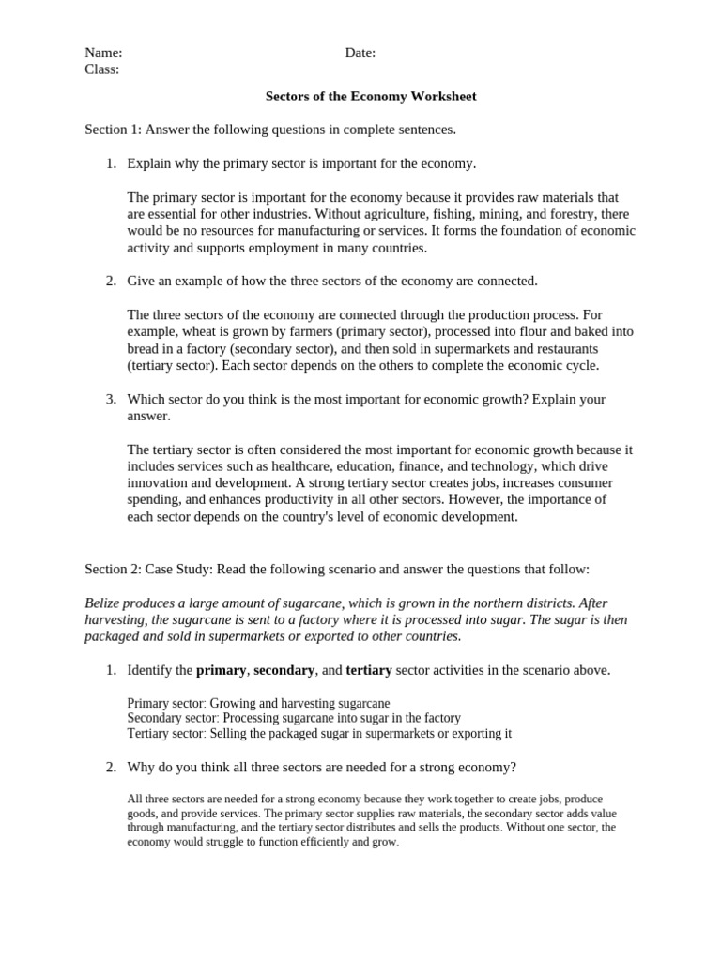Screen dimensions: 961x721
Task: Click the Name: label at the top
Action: pyautogui.click(x=103, y=53)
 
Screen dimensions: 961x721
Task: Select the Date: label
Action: pyautogui.click(x=360, y=53)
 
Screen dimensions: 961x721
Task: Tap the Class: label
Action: pyautogui.click(x=101, y=69)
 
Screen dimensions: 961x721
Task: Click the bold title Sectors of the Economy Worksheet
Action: pyautogui.click(x=371, y=97)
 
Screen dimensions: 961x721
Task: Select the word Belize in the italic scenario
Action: pyautogui.click(x=103, y=603)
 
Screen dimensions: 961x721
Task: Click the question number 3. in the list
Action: pyautogui.click(x=111, y=399)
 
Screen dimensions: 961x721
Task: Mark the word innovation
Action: pyautogui.click(x=160, y=483)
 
